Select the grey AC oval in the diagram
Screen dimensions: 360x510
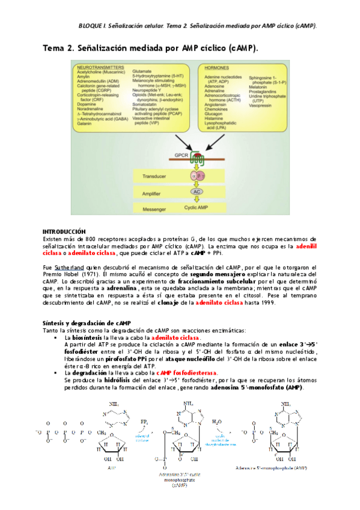click(x=196, y=191)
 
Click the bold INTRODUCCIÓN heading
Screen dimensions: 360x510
click(x=64, y=232)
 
